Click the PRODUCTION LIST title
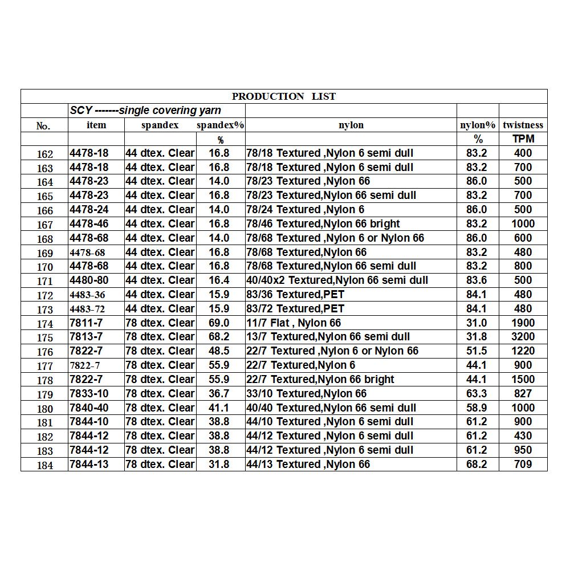[x=284, y=96]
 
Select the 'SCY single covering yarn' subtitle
[x=145, y=111]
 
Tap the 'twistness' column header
[x=523, y=125]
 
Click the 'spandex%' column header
[x=220, y=125]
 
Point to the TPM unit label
[x=523, y=139]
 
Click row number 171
[x=44, y=281]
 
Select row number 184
[x=44, y=465]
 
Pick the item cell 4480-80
[x=89, y=280]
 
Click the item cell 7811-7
[x=86, y=323]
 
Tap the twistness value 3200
[x=523, y=337]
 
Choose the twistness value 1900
[x=523, y=323]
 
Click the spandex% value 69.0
[x=219, y=323]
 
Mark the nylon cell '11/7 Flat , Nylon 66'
[x=294, y=323]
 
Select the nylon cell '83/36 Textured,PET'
[x=295, y=295]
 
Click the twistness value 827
[x=523, y=393]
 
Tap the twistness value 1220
[x=523, y=351]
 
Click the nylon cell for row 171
[x=337, y=280]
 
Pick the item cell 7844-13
[x=89, y=465]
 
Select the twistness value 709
[x=523, y=465]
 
